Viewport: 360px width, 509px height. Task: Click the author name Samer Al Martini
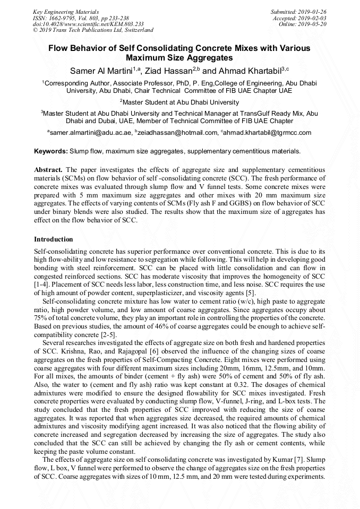(100, 71)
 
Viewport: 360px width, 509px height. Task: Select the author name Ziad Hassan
(169, 71)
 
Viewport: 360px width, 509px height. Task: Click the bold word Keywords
(50, 151)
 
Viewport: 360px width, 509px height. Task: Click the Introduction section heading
(54, 239)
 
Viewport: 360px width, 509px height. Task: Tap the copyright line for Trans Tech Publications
(93, 30)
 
